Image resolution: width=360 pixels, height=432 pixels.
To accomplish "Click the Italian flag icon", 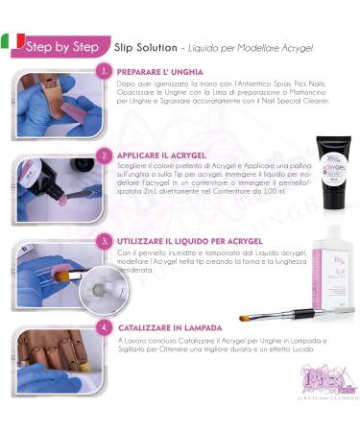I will tap(12, 42).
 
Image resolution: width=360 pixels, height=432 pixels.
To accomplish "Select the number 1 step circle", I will tap(104, 71).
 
